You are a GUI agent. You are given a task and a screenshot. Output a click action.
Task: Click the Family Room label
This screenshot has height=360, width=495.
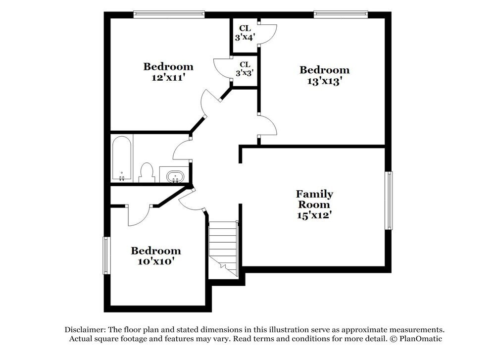click(314, 199)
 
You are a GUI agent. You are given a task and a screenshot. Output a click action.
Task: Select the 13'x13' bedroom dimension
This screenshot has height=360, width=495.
click(324, 81)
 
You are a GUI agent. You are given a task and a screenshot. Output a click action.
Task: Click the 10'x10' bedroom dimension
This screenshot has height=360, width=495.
click(155, 261)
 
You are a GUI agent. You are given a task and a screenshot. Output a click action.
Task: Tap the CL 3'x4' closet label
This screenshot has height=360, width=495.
click(245, 32)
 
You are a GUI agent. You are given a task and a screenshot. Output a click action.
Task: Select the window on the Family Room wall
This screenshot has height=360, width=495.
click(389, 201)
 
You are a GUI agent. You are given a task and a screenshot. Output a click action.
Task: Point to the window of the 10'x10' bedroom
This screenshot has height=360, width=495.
click(105, 256)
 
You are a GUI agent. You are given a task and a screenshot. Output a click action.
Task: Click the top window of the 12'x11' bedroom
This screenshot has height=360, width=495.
click(169, 15)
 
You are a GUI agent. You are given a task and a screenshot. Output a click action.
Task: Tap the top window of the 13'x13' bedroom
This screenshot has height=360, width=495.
click(341, 15)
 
